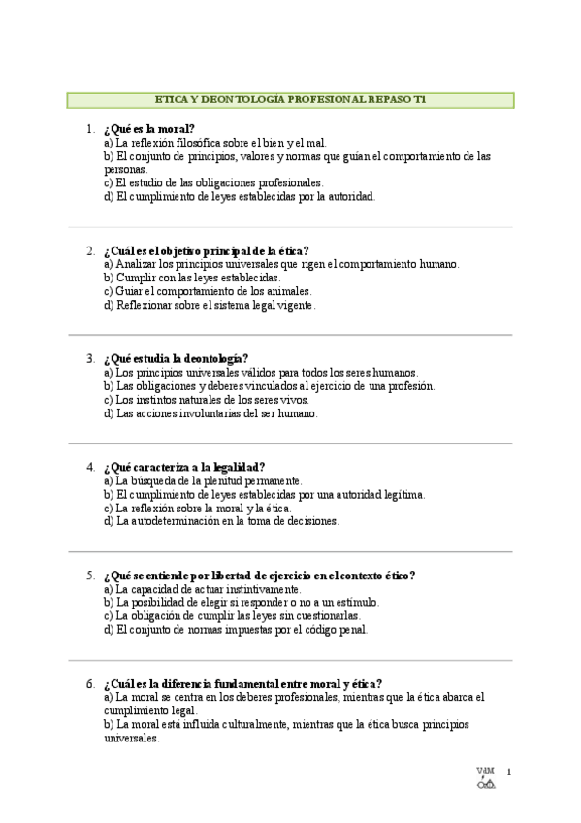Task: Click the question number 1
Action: coord(89,129)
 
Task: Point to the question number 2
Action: coord(89,250)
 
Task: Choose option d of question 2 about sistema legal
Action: coord(210,305)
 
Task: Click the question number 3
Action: coord(89,358)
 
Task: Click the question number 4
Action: coord(89,467)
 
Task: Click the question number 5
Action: coord(89,576)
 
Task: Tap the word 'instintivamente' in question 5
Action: coord(263,589)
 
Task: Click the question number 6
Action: coord(89,683)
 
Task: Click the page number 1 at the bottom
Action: coord(508,773)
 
